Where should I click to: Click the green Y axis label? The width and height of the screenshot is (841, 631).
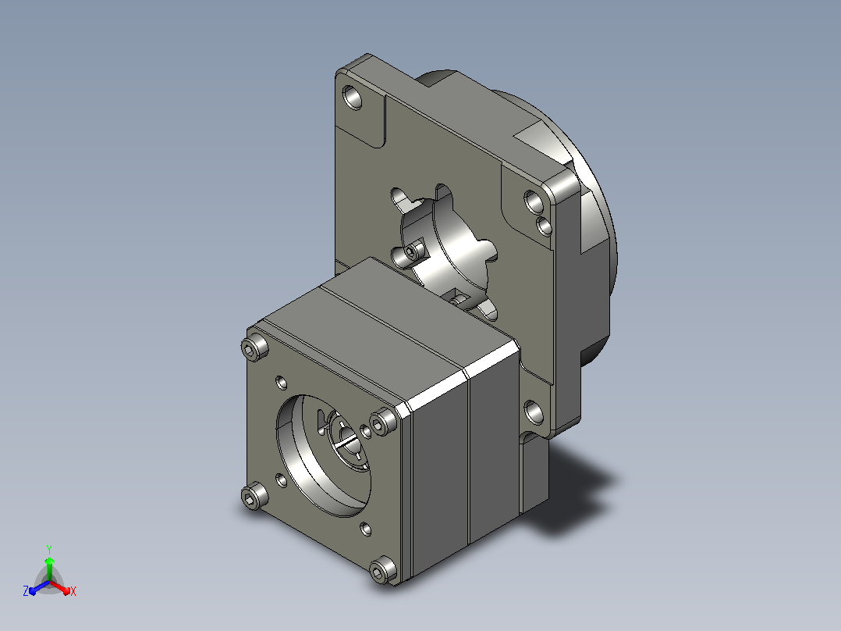coord(49,549)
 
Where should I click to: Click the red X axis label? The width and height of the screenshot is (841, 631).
coord(73,591)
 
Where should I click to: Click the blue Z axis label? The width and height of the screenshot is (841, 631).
coord(26,590)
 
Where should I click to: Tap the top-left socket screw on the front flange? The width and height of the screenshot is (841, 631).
coord(255,347)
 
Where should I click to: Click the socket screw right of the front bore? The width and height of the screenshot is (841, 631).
coord(384,421)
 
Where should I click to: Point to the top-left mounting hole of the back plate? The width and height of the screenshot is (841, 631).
coord(352,98)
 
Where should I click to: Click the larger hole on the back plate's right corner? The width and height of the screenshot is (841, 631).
coord(534,202)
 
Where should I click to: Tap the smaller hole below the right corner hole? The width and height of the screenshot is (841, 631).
coord(544,226)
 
